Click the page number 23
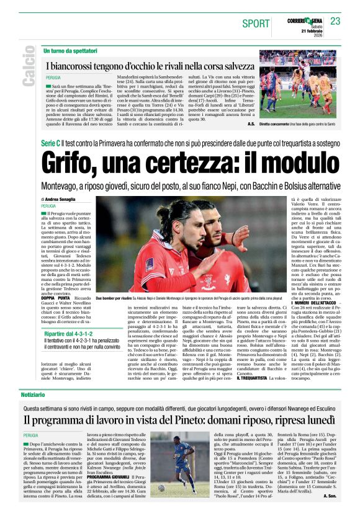(x=336, y=22)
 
